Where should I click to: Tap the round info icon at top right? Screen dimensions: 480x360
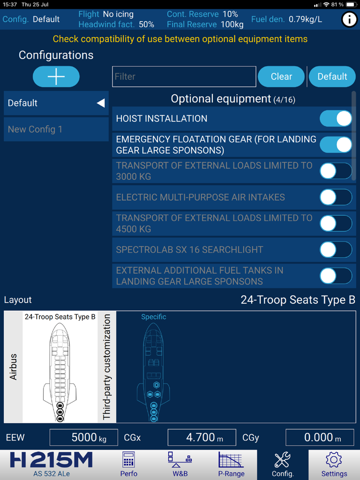point(349,20)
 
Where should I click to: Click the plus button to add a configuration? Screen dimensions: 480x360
point(56,76)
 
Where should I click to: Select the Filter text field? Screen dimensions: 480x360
point(184,76)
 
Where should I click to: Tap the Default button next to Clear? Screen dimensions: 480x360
point(332,76)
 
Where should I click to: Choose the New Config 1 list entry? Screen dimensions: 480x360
point(56,129)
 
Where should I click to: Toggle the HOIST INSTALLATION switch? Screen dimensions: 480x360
point(336,119)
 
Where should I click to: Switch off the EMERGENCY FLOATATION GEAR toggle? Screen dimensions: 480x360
point(336,145)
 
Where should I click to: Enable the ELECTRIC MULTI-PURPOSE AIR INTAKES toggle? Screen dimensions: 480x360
point(336,197)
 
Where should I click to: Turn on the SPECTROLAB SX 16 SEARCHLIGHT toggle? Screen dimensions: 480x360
point(336,250)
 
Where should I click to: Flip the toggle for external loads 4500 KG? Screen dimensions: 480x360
point(336,224)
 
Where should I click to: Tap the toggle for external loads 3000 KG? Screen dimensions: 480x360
point(336,171)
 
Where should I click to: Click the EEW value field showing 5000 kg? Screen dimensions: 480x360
point(84,438)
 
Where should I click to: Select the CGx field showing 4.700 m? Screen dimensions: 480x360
point(202,438)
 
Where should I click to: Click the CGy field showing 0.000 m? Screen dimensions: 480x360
point(320,438)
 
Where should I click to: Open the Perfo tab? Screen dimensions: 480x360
point(128,465)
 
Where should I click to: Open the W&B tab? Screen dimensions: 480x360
point(180,465)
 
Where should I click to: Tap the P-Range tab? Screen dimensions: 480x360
point(231,465)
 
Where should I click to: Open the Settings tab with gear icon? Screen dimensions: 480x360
point(334,465)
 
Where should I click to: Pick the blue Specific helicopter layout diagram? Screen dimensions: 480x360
point(154,368)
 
